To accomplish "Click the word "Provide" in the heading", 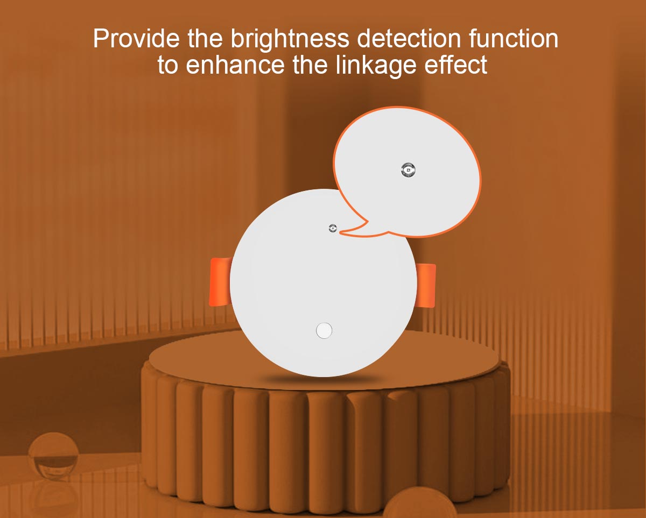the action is click(136, 38).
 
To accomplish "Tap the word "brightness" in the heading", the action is click(290, 40).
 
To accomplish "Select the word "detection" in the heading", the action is click(409, 38).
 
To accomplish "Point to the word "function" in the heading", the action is click(514, 38).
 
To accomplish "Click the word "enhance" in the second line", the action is click(235, 65).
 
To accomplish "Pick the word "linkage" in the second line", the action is click(376, 67).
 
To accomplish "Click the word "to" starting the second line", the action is click(168, 66).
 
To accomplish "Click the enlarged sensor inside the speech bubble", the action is click(408, 171).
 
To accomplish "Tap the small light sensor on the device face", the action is click(333, 228).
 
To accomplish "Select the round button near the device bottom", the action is click(324, 330).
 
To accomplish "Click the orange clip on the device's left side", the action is click(220, 282).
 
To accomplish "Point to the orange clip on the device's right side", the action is click(426, 285).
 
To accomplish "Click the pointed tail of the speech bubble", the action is click(345, 231).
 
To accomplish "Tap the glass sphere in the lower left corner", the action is click(54, 459).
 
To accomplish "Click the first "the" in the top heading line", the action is click(205, 38).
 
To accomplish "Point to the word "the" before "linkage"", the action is click(310, 65).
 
